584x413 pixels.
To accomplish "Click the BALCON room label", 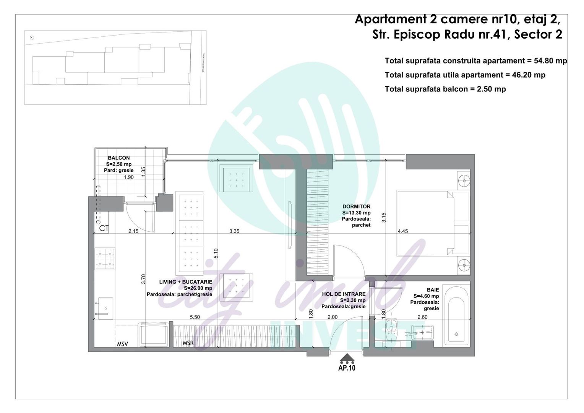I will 118,158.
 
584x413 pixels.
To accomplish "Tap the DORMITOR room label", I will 356,206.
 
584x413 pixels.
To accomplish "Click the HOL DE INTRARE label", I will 344,294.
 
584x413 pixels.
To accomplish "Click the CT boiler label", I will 104,229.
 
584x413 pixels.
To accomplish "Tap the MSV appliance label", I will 122,344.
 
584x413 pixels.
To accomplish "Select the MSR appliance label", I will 188,343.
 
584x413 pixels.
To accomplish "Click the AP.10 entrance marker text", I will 347,368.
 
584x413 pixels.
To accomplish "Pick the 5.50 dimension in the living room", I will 195,317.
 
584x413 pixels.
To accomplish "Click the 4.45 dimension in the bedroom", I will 403,231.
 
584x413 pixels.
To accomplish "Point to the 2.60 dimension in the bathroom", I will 422,317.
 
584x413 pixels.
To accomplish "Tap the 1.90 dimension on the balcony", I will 128,177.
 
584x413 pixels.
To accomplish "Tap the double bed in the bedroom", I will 428,223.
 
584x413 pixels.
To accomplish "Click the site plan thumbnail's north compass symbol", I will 32,37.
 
